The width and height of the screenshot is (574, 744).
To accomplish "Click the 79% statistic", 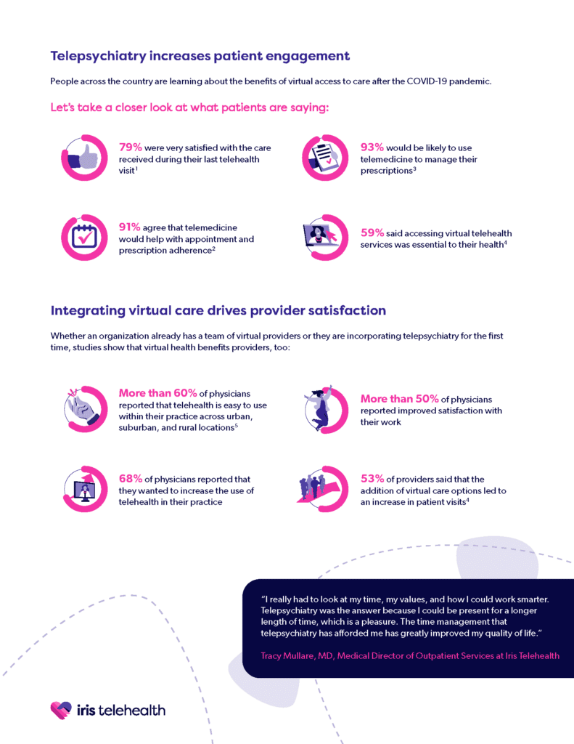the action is tap(131, 147).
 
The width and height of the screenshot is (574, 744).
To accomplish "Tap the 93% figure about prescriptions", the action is tap(372, 147).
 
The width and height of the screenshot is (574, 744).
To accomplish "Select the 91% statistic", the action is tap(130, 227).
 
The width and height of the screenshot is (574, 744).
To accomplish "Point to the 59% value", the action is tap(372, 232).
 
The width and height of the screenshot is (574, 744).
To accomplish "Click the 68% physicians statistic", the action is tap(131, 478).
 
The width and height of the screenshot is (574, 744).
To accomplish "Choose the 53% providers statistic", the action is tap(372, 478).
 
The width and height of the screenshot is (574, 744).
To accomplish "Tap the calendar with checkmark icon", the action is tap(84, 237).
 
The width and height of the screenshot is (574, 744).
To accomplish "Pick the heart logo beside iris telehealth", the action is tap(61, 711).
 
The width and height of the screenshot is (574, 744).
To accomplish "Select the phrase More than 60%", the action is tap(158, 393).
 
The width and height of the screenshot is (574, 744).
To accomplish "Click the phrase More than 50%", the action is tap(400, 399).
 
